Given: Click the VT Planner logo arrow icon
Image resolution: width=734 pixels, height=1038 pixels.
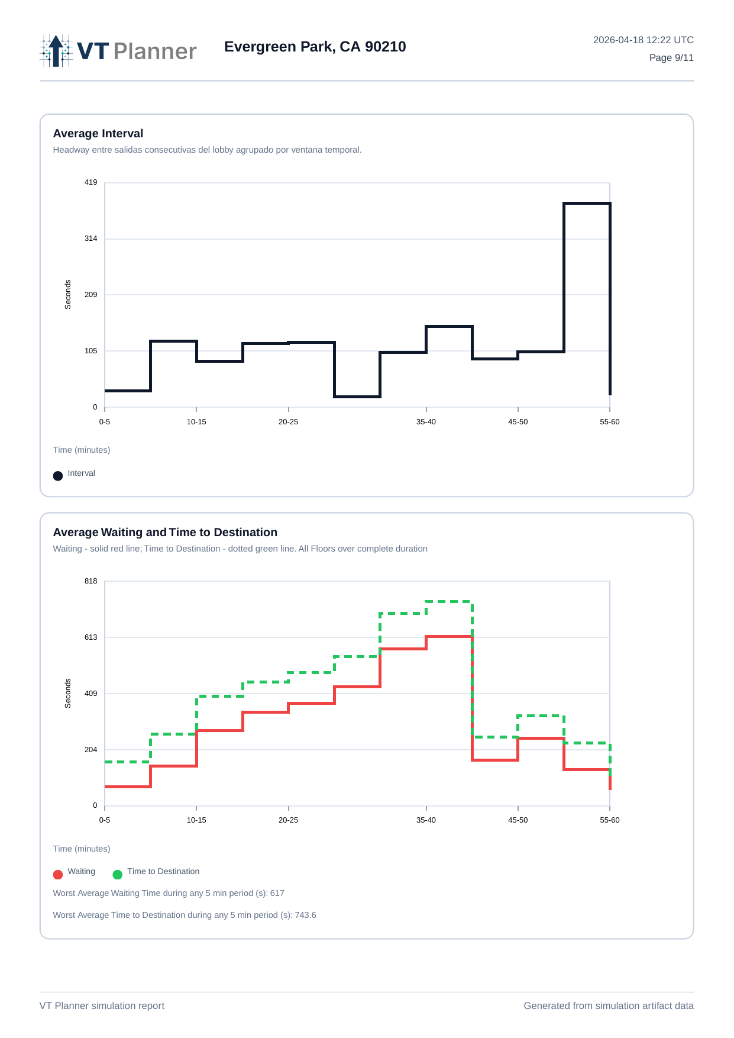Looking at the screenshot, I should point(56,51).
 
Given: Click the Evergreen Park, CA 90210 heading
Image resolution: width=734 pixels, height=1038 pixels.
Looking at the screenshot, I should point(315,47).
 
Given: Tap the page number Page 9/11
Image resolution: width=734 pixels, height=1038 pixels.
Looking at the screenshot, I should point(671,58).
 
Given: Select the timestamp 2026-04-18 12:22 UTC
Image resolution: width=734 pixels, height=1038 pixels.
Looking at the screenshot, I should point(643,40).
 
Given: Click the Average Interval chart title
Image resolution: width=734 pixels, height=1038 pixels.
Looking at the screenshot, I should point(98,134).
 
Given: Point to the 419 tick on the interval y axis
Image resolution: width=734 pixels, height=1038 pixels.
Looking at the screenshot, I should point(90,182).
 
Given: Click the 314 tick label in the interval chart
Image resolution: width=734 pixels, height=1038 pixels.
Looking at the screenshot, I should point(90,238).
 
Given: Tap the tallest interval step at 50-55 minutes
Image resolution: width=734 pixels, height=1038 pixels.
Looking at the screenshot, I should point(587,204).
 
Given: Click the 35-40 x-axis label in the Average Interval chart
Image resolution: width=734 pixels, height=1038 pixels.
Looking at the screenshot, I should point(426,422).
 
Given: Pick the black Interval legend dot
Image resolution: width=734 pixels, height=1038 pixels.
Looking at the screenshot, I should point(58,476).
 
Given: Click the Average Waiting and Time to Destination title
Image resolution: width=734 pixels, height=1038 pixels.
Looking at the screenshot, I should point(165,533).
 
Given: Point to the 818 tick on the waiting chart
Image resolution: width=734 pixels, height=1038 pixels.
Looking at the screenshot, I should point(90,581).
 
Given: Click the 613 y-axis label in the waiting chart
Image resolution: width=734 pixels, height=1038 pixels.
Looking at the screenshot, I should point(90,637).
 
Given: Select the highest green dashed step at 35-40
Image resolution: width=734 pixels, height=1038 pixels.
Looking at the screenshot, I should point(449,602).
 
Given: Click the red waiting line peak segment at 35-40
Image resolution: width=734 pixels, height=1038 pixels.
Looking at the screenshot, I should point(449,637).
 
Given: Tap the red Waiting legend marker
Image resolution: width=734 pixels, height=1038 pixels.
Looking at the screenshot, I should point(58,875).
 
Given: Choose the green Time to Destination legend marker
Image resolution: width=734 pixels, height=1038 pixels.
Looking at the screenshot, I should point(118,875).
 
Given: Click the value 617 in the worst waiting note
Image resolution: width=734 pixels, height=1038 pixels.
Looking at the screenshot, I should point(277,894).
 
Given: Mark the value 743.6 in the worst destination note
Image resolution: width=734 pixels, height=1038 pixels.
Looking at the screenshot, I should point(305,915).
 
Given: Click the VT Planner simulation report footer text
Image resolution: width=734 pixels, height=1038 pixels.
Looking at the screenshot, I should point(102,1006).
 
